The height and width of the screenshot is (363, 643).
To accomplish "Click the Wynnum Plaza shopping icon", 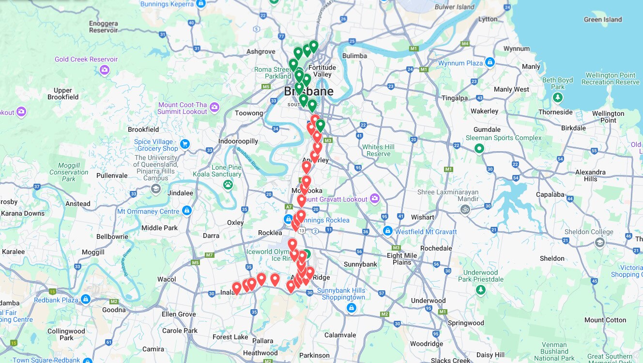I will pos(490,63).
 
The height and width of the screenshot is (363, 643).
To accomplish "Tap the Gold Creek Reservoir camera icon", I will pos(104,71).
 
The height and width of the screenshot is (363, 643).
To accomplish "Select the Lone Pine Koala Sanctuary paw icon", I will pos(228,184).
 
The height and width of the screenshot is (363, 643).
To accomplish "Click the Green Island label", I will pos(602,20).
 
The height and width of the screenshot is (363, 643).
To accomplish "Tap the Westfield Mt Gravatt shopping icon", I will pos(387,232).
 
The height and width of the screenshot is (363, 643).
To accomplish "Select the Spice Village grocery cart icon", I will pos(184,144).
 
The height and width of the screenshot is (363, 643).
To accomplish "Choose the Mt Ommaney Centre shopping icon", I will pos(187,211).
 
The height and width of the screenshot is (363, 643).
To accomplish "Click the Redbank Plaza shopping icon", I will pos(85,300).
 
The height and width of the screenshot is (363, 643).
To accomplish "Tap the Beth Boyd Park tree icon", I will pos(558,98).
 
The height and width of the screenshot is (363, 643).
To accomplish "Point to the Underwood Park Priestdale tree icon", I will pos(480,290).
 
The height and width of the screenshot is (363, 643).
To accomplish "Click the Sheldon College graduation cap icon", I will pos(599,242).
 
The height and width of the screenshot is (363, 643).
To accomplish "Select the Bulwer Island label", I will pos(455,7).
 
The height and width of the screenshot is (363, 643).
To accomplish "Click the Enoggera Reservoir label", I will pos(103,27).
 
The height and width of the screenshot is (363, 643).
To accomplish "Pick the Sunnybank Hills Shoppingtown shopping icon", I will pos(352,308).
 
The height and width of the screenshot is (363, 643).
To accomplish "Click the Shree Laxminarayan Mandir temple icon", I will pos(465,209).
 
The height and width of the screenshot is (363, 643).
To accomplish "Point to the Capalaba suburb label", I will pos(550,195).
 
